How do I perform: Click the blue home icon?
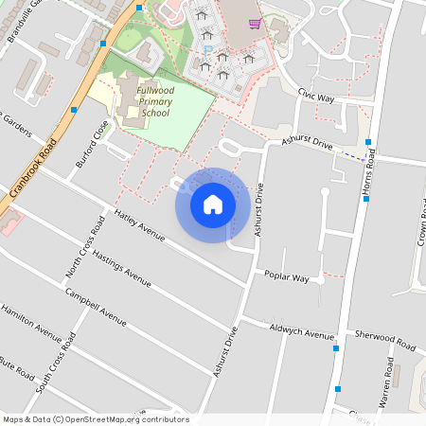[212, 204]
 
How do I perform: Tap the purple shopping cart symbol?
[254, 23]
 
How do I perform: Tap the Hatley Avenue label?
[139, 224]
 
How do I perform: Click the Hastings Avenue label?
[120, 267]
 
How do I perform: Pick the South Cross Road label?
[55, 365]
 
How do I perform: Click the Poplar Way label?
[287, 277]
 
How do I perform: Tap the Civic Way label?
[316, 96]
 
